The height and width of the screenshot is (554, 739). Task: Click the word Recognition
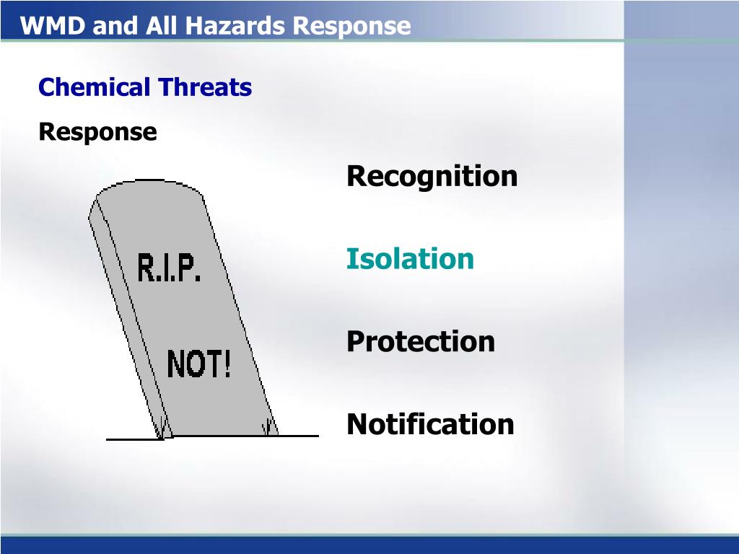click(432, 177)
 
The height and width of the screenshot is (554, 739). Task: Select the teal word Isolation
click(410, 259)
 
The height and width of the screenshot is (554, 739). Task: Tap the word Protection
click(421, 341)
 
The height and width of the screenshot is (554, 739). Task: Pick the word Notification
click(430, 424)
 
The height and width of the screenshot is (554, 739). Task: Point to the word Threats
click(205, 87)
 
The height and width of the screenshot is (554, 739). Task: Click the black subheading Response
click(97, 133)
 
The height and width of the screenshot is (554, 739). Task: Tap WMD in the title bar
click(53, 25)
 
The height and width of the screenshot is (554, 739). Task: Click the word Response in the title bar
click(351, 27)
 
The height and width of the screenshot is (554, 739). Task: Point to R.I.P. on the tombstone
click(169, 268)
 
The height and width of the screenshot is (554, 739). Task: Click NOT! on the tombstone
click(199, 364)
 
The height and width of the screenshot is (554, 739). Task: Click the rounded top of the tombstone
click(150, 185)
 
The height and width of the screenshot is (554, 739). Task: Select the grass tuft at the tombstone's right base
click(268, 427)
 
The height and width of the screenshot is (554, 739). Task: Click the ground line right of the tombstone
click(298, 436)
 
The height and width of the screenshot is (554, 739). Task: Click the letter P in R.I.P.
click(188, 268)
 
